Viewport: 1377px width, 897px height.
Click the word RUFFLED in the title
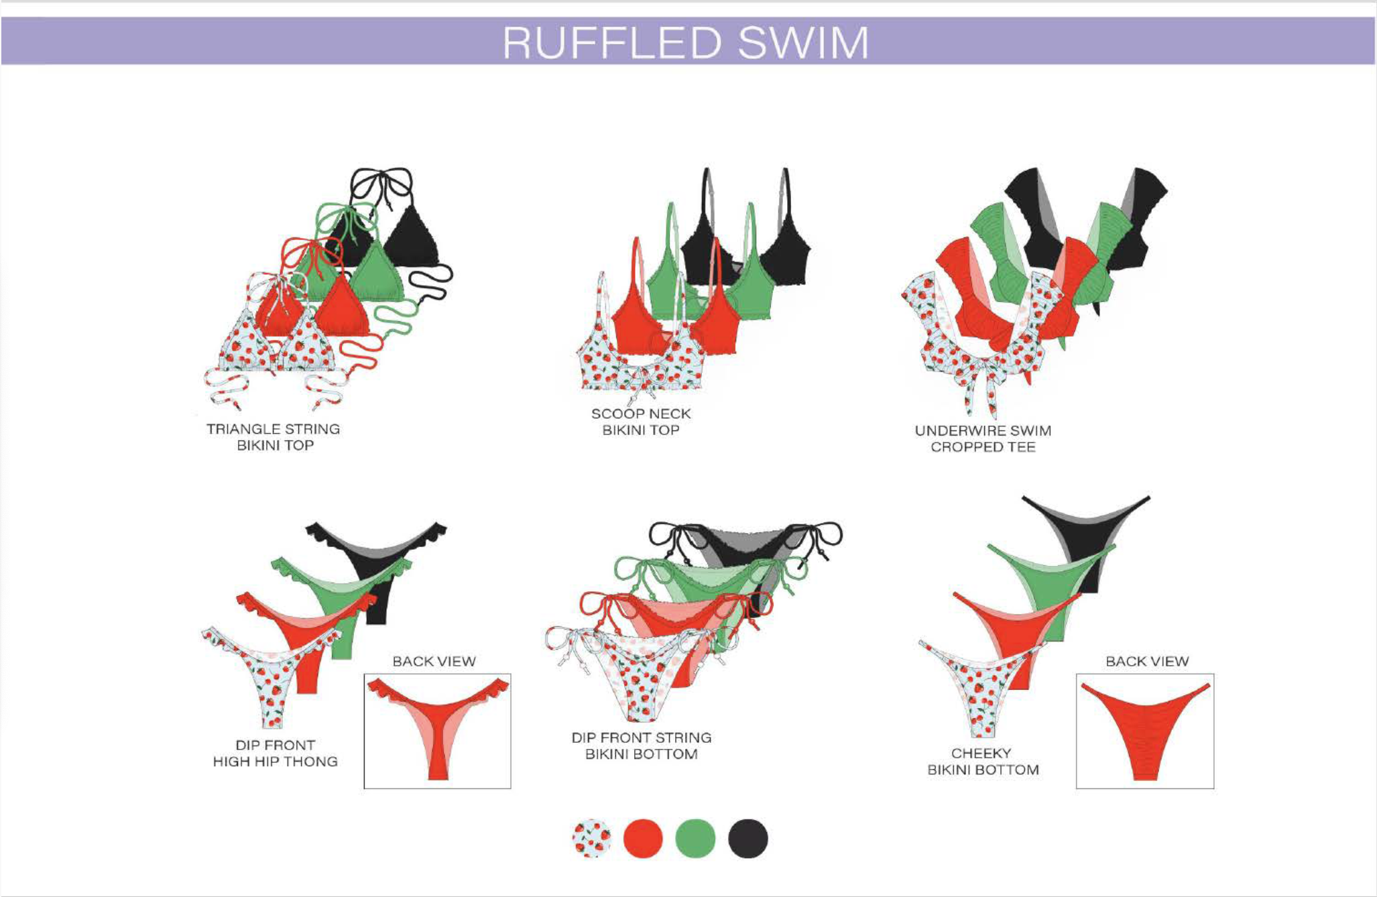(x=611, y=42)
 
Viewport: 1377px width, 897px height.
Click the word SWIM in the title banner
(x=803, y=42)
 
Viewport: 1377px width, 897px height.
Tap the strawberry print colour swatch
(x=591, y=839)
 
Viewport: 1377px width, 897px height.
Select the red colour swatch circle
(x=643, y=839)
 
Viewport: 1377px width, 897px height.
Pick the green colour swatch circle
(x=695, y=839)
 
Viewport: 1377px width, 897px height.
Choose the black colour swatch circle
(x=747, y=839)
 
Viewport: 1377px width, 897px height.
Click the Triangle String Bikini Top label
(x=274, y=437)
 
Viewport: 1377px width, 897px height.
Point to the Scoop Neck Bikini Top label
(x=641, y=422)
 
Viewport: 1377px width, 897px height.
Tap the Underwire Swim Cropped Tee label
(x=983, y=438)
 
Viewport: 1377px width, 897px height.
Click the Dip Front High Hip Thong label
(x=275, y=754)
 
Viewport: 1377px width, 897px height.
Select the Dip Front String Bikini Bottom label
(x=641, y=745)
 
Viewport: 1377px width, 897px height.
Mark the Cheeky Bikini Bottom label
(x=983, y=762)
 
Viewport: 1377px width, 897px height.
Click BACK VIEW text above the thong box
(x=434, y=661)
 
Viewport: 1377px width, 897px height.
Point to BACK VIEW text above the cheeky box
(x=1147, y=661)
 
